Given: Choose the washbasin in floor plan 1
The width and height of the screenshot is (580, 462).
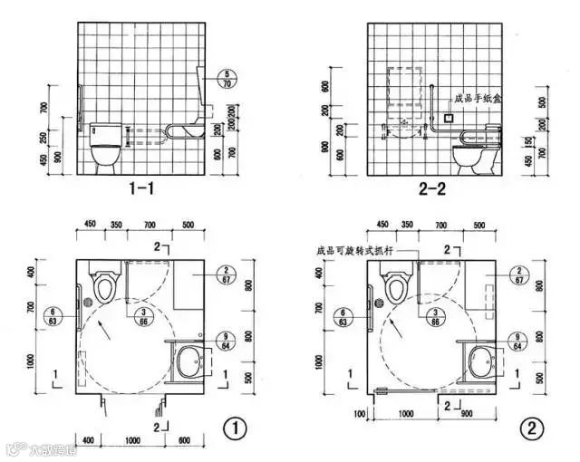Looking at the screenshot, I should click(188, 362).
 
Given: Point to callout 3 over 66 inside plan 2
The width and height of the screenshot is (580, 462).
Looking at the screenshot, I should click(436, 315).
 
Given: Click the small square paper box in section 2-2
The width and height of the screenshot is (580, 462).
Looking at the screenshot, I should click(448, 117).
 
